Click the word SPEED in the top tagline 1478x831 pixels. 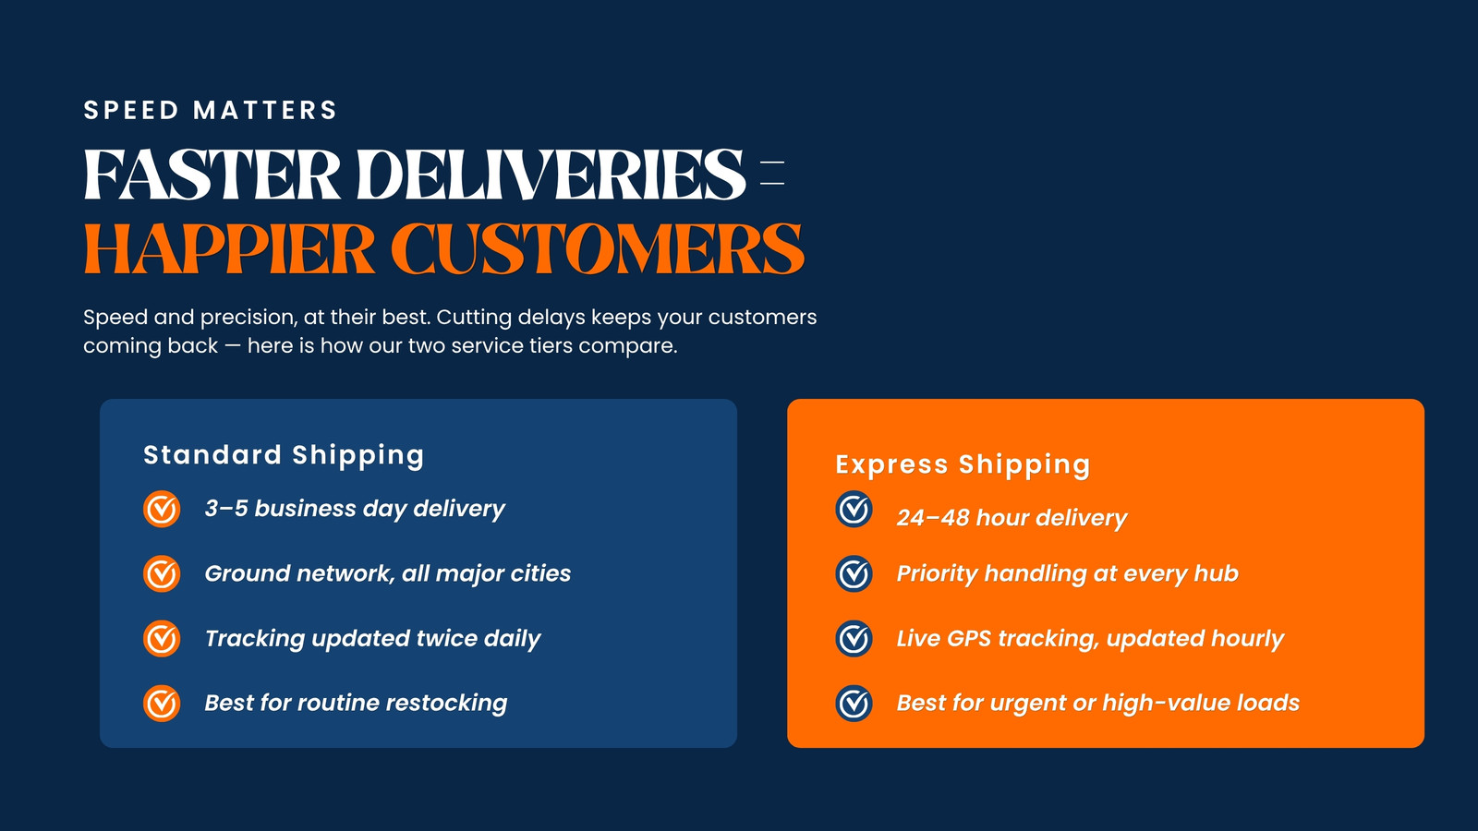pyautogui.click(x=130, y=110)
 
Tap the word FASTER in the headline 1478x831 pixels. pyautogui.click(x=212, y=175)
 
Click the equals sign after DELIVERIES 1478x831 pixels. pyautogui.click(x=772, y=173)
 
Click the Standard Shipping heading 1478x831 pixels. pyautogui.click(x=284, y=455)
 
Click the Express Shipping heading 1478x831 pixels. pyautogui.click(x=963, y=464)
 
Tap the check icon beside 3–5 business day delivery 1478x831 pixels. pyautogui.click(x=162, y=509)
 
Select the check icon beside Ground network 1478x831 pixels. pyautogui.click(x=162, y=573)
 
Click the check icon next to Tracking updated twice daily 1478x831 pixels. pyautogui.click(x=162, y=638)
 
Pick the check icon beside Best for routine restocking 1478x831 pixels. pyautogui.click(x=162, y=703)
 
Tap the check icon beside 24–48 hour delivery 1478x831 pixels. pyautogui.click(x=854, y=509)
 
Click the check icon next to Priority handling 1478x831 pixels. pyautogui.click(x=854, y=573)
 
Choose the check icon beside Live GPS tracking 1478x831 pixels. pyautogui.click(x=854, y=638)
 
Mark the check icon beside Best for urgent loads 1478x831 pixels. pyautogui.click(x=854, y=703)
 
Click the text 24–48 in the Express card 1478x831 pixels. pyautogui.click(x=932, y=518)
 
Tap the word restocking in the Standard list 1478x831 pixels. pyautogui.click(x=446, y=703)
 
